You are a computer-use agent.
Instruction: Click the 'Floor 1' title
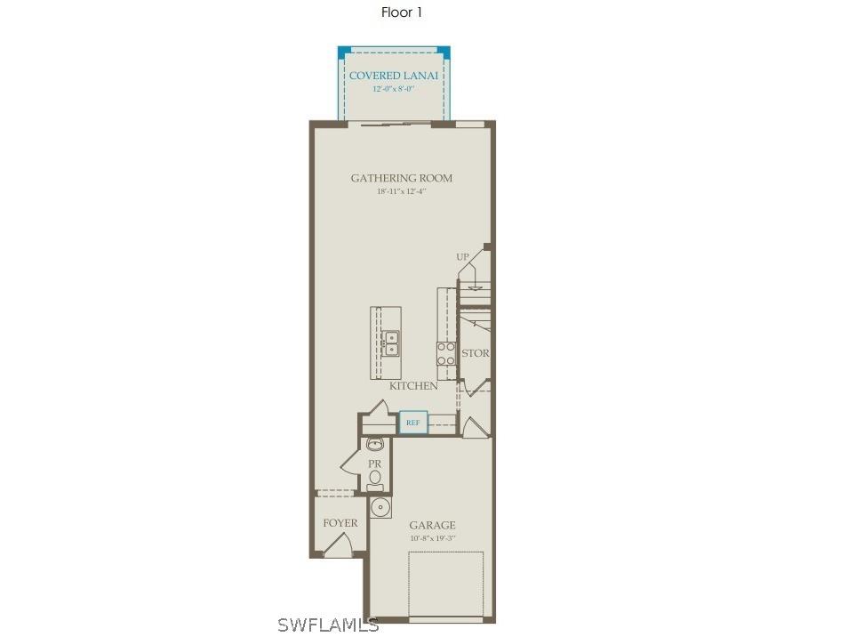coord(401,12)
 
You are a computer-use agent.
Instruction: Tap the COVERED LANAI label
coord(393,76)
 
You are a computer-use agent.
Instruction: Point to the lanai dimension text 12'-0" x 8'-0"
coord(393,89)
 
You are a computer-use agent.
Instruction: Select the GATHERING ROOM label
coord(401,178)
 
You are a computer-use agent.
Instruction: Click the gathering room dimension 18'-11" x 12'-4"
coord(401,191)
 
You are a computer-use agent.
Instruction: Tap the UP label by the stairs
coord(462,257)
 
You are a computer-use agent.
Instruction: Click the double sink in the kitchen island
coord(390,343)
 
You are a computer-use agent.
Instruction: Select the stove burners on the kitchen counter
coord(445,352)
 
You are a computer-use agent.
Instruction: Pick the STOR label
coord(476,353)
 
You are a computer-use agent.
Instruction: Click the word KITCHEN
coord(413,386)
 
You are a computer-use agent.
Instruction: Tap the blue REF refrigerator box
coord(413,423)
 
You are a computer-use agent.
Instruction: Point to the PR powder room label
coord(375,464)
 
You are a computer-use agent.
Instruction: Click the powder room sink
coord(374,444)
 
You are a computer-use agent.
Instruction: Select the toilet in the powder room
coord(375,479)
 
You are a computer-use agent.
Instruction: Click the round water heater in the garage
coord(380,508)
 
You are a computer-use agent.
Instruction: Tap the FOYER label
coord(340,523)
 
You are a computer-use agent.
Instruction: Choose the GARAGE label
coord(432,526)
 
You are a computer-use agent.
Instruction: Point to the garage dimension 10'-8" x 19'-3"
coord(432,538)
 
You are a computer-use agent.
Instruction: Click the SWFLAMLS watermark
coord(328,625)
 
